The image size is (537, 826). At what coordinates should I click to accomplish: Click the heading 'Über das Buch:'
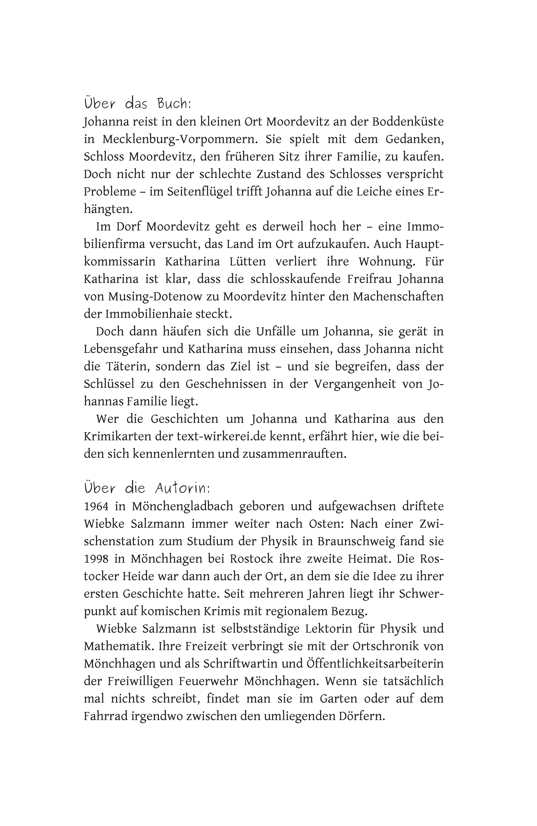(137, 103)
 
